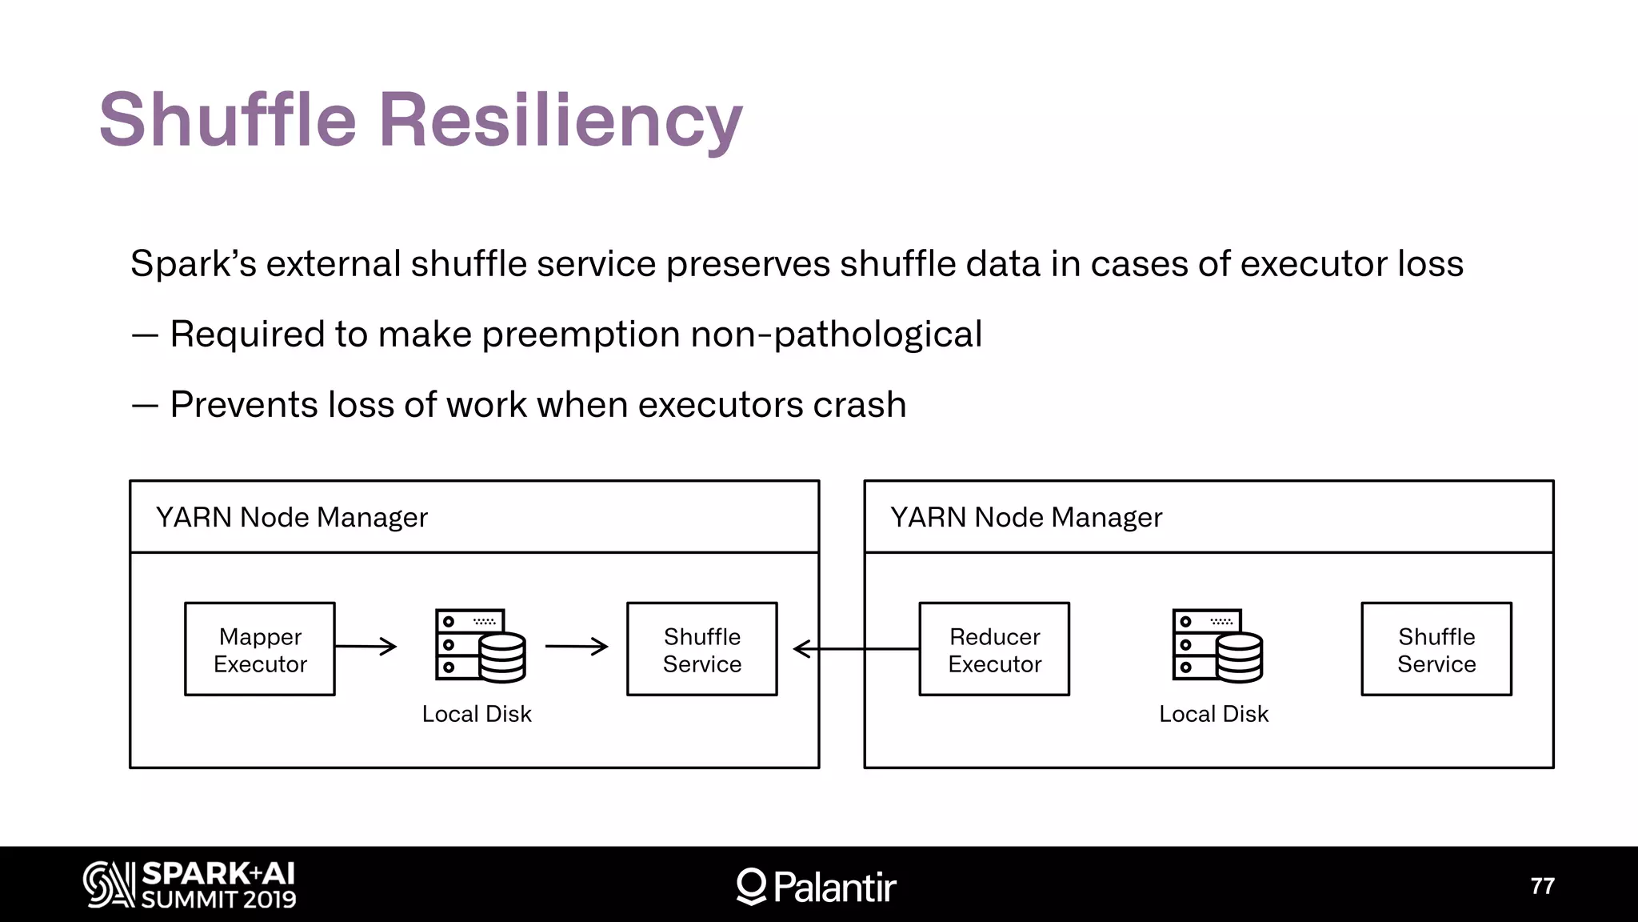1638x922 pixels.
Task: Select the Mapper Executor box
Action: click(x=260, y=649)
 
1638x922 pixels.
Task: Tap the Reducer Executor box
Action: click(x=994, y=649)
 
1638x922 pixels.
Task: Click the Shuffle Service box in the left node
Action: click(x=701, y=649)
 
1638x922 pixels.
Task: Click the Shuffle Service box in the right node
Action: click(x=1436, y=649)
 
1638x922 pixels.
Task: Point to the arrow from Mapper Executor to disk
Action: click(x=366, y=646)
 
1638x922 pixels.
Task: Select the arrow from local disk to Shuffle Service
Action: click(x=577, y=646)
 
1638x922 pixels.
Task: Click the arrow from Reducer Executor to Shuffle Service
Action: click(x=856, y=649)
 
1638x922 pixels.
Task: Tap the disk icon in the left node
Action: click(x=480, y=645)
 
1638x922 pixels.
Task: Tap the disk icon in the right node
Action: click(x=1217, y=645)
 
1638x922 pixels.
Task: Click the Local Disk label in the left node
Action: click(x=477, y=714)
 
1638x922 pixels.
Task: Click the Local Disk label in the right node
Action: click(x=1213, y=714)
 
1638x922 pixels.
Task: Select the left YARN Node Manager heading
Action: click(x=291, y=518)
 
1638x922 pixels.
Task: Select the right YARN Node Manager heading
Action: click(x=1026, y=518)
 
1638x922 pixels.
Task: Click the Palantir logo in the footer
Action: click(x=817, y=886)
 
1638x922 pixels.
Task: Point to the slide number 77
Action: click(x=1542, y=886)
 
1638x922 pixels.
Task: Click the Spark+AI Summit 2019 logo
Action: click(x=190, y=885)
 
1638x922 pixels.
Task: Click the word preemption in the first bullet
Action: click(x=581, y=335)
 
